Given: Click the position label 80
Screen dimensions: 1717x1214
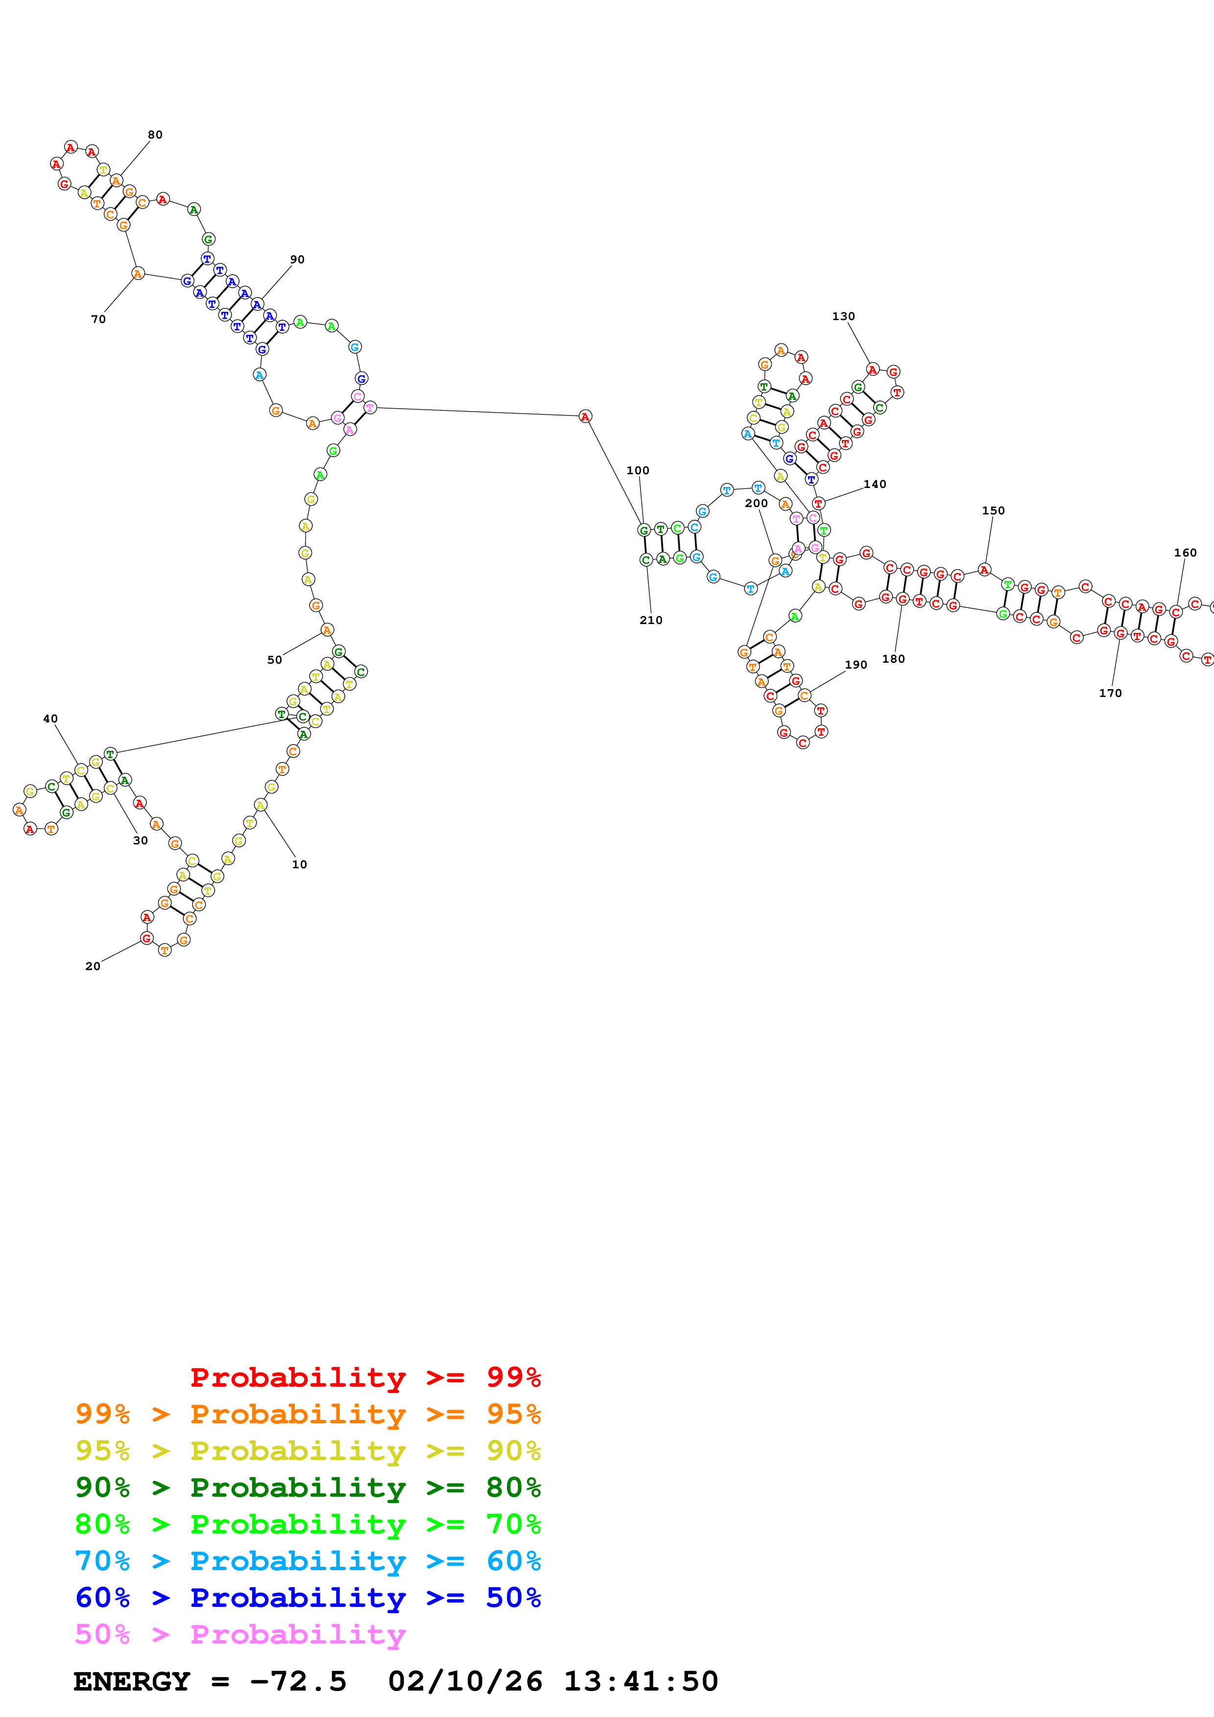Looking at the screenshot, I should point(155,135).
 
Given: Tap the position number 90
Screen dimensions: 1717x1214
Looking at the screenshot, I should point(297,259).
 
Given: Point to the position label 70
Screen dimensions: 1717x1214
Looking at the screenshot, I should point(98,319).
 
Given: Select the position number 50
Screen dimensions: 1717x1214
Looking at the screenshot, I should point(275,660).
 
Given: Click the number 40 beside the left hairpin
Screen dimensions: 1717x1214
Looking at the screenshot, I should point(50,719).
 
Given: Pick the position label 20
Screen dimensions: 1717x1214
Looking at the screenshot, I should point(93,966).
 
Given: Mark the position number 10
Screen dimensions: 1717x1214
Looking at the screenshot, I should point(299,864).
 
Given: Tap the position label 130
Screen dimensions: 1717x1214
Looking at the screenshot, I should point(843,316).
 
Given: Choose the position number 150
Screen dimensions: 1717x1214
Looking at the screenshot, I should point(993,511).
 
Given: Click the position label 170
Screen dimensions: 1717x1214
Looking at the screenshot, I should point(1110,693).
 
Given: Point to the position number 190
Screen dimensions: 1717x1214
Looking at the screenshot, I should point(856,665).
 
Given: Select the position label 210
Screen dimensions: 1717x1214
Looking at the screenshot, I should point(651,620).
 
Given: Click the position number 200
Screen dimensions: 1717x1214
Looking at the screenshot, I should point(756,503).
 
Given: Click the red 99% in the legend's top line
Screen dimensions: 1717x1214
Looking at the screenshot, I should point(513,1377).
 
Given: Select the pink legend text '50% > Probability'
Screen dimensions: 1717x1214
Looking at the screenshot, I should point(240,1635).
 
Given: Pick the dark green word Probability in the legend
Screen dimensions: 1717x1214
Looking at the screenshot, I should point(298,1488).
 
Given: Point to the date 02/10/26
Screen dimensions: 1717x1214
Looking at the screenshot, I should point(465,1682).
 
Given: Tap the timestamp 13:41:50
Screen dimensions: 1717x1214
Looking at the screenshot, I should point(640,1682).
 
